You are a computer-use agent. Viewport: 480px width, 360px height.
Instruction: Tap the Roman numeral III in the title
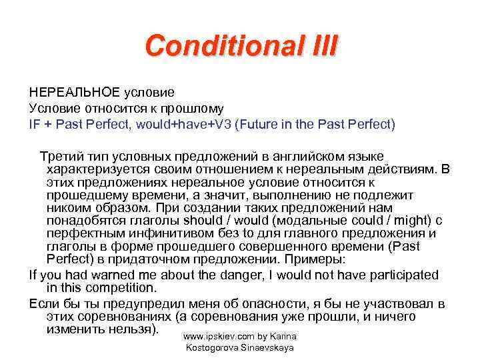click(x=322, y=47)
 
